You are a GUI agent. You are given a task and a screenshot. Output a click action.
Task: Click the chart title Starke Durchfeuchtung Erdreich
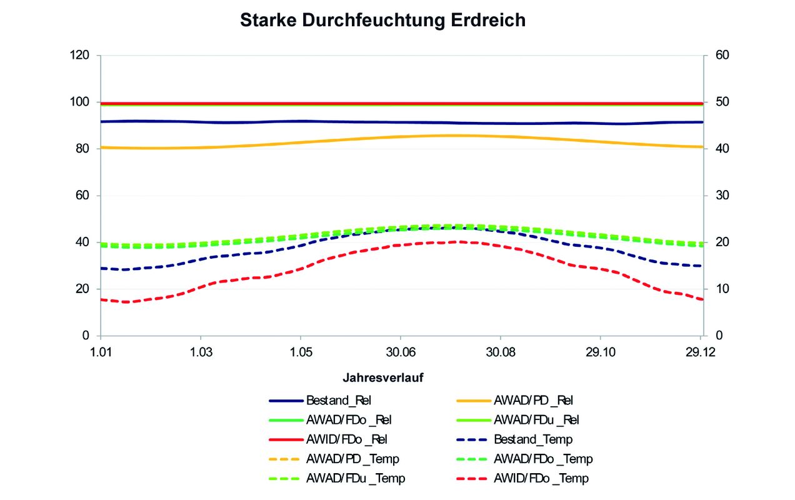pos(382,20)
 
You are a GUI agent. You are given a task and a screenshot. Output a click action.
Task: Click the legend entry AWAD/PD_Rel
pos(533,401)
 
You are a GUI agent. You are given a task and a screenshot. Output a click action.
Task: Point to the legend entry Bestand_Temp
pos(533,439)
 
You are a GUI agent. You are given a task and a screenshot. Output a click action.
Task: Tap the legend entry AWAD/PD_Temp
pos(352,459)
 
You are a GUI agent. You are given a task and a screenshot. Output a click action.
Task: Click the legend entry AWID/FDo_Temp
pos(541,479)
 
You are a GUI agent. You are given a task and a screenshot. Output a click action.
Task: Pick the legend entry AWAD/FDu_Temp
pos(355,479)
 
